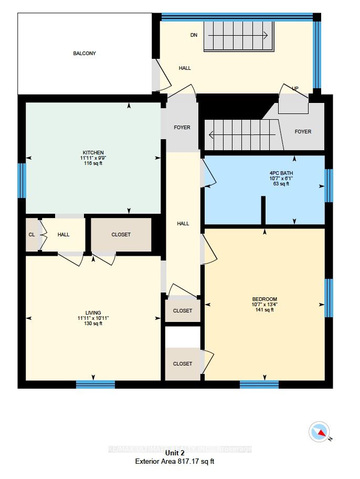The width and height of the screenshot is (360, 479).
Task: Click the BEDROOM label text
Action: [x=264, y=299]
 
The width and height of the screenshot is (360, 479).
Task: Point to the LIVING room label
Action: [x=93, y=313]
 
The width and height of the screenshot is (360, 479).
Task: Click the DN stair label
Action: [x=194, y=35]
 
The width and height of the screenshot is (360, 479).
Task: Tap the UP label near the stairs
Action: [x=295, y=89]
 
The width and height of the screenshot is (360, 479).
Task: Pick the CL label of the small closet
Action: [x=31, y=235]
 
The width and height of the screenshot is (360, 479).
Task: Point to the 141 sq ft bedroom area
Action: [x=264, y=310]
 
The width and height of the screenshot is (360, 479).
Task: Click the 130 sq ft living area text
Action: [x=93, y=324]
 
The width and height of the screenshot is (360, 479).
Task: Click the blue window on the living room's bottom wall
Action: [x=95, y=384]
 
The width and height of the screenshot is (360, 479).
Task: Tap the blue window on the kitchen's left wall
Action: [x=22, y=180]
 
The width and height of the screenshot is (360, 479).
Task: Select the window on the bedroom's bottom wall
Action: [x=259, y=384]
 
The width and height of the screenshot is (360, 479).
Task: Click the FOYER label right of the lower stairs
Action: [x=303, y=132]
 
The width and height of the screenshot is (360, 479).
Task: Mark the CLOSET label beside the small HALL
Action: [x=121, y=235]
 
